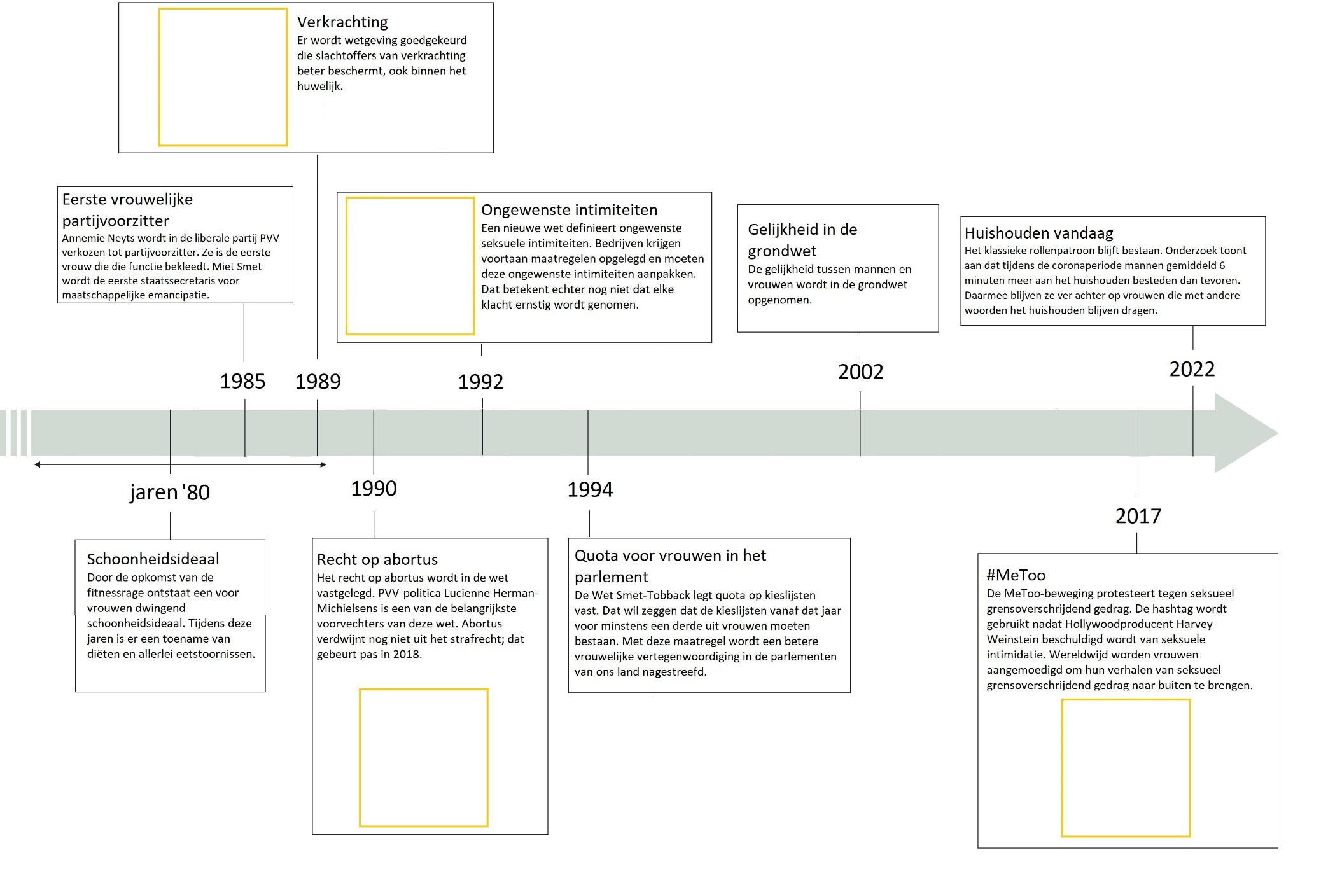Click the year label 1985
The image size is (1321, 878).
(x=242, y=381)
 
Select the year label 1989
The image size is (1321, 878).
(x=318, y=381)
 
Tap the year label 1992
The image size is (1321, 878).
(x=480, y=382)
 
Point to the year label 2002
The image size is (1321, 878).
(x=860, y=372)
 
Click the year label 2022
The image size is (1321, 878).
(x=1192, y=369)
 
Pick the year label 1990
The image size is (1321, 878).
(x=374, y=488)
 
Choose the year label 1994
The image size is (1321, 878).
(x=590, y=489)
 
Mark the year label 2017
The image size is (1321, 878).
(x=1138, y=516)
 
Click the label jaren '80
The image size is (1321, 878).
(x=170, y=492)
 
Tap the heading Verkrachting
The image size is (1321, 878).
(x=342, y=22)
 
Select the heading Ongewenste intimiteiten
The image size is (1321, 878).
(x=569, y=210)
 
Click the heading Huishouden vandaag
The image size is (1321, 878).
(x=1038, y=233)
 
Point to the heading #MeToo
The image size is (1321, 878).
(x=1016, y=575)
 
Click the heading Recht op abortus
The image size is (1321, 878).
(x=377, y=559)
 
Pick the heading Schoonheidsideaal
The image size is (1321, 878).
(x=153, y=559)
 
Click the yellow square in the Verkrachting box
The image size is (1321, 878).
(x=223, y=77)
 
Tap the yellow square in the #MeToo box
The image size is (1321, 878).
(x=1126, y=768)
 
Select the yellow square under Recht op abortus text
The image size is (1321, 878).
(x=424, y=758)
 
